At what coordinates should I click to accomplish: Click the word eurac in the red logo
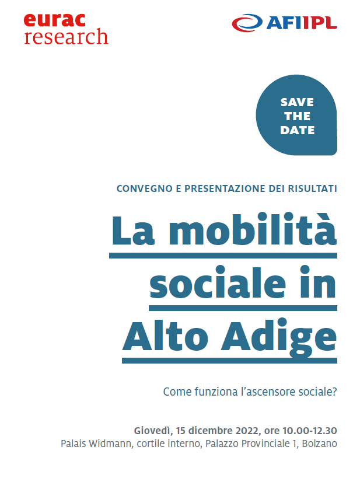click(54, 21)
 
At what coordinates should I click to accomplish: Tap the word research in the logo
click(66, 37)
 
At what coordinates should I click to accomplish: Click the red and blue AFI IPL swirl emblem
click(247, 23)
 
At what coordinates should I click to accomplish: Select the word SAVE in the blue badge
click(297, 102)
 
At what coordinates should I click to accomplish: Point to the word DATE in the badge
click(298, 130)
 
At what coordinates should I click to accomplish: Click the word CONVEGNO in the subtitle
click(145, 188)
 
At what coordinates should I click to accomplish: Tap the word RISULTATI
click(312, 188)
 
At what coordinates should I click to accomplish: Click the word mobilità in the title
click(253, 229)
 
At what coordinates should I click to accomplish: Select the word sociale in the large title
click(218, 282)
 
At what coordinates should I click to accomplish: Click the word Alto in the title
click(166, 336)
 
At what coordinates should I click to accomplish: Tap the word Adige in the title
click(278, 337)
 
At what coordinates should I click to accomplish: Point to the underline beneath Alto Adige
click(229, 361)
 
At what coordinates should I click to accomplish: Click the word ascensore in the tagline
click(267, 392)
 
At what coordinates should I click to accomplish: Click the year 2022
click(247, 431)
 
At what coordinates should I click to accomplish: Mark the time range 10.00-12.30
click(310, 431)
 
